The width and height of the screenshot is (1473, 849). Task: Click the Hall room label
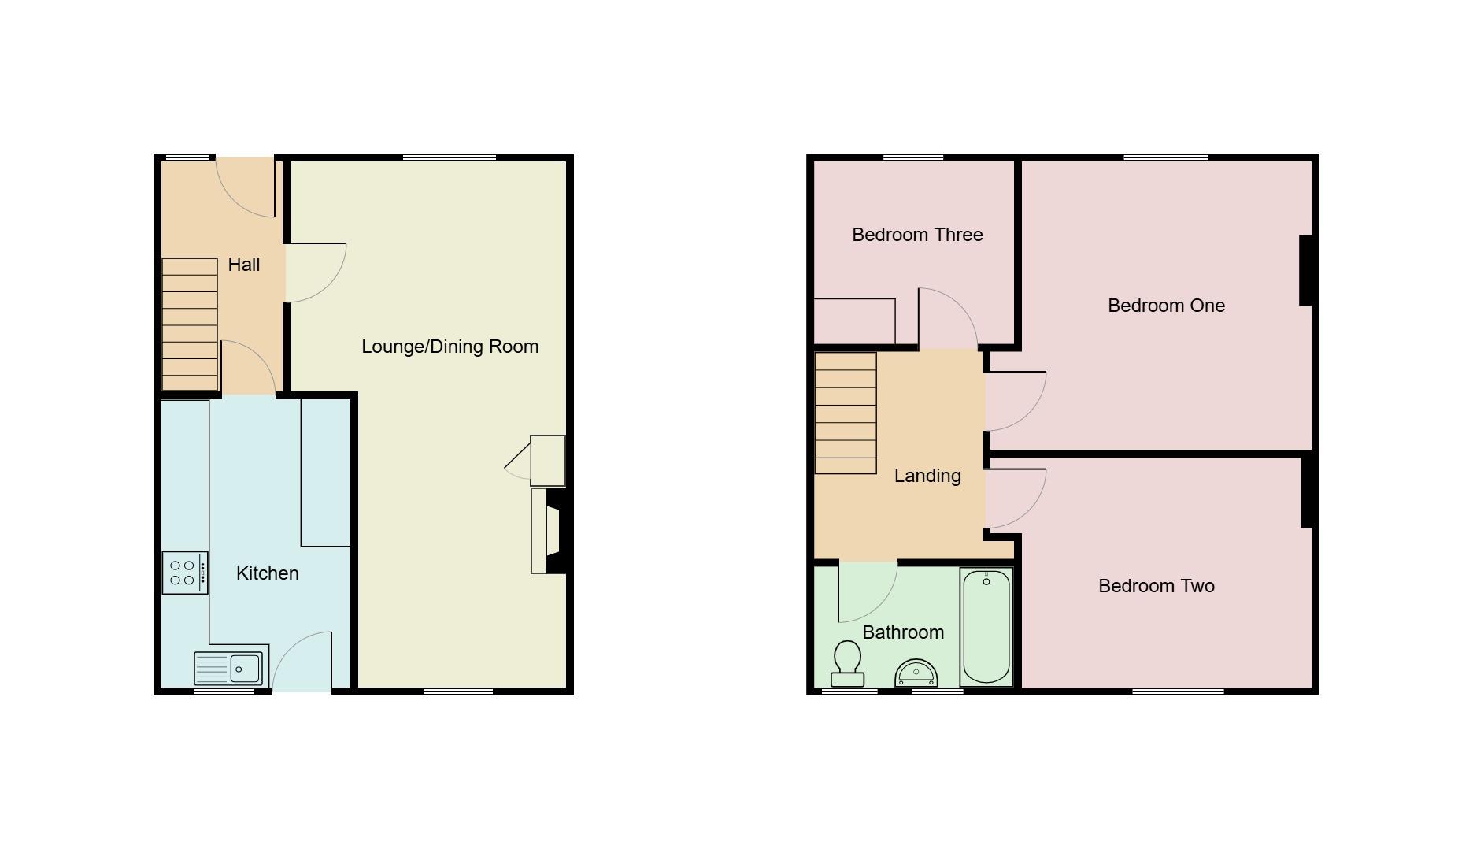coord(244,265)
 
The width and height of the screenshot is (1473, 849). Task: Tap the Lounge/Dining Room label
coord(450,347)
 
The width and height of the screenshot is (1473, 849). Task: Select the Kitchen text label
coord(267,573)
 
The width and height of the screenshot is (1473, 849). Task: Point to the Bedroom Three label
coord(917,235)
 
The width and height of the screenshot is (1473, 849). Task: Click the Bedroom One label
coord(1166,306)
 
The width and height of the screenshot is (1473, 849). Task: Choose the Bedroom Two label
coord(1156,586)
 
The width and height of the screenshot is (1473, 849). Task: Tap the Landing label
coord(927,476)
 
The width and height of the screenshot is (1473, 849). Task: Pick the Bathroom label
coord(903,632)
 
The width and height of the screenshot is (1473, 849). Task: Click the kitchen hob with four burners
coord(185,573)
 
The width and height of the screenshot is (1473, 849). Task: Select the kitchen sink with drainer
coord(231,669)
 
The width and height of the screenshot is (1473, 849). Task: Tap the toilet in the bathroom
coord(847,663)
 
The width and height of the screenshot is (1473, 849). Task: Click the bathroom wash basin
coord(916,673)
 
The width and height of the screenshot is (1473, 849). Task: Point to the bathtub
coord(986,627)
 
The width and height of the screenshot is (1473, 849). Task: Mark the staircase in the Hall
coord(190,324)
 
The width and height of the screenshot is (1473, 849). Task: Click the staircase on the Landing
coord(846,413)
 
